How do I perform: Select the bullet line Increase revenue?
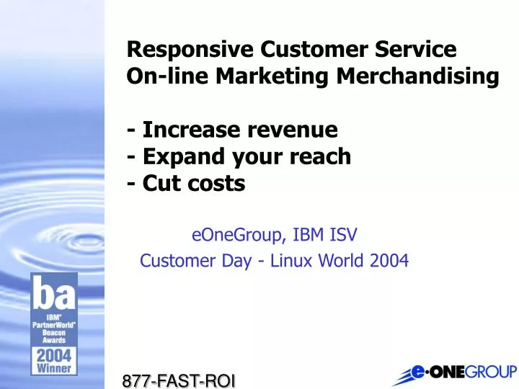(x=232, y=130)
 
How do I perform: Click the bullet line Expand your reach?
(x=239, y=156)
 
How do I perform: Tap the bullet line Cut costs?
(x=186, y=184)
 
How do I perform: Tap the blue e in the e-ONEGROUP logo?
(x=414, y=372)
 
